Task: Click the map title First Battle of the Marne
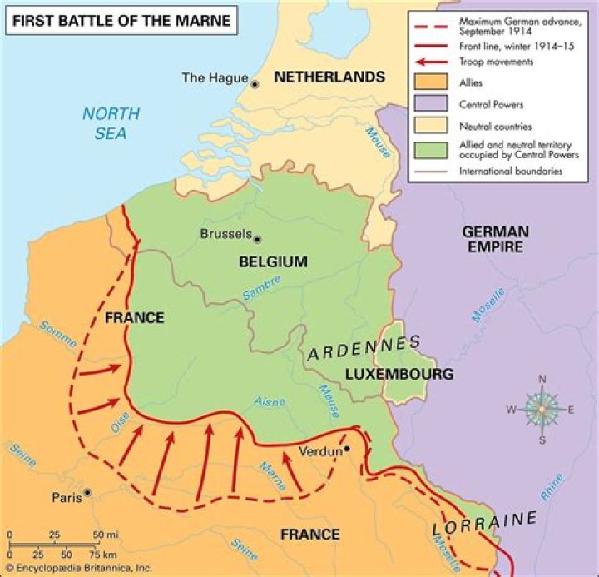[x=121, y=18]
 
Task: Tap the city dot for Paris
[x=87, y=492]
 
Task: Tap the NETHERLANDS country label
[x=329, y=77]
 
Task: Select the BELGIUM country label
[x=273, y=261]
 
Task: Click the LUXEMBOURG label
[x=399, y=374]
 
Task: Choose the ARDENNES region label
[x=364, y=348]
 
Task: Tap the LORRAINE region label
[x=484, y=525]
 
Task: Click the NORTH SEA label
[x=110, y=122]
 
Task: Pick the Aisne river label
[x=270, y=402]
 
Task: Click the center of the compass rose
[x=542, y=409]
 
